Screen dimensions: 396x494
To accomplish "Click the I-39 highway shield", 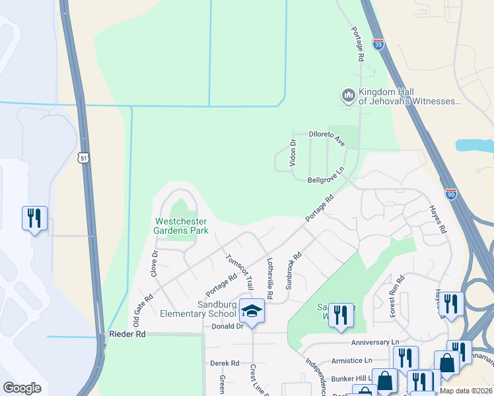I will [378, 44].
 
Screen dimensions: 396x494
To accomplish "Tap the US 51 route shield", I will [83, 158].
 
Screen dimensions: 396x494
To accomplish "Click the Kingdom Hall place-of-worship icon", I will [348, 96].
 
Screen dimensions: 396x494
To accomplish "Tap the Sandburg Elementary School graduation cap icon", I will [251, 310].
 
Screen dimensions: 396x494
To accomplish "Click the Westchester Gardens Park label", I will [181, 226].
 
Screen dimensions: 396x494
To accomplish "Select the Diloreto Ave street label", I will [328, 138].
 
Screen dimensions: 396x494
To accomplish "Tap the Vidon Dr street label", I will [293, 152].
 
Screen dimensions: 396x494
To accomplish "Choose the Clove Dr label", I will [155, 263].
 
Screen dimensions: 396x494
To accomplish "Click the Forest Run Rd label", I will [397, 296].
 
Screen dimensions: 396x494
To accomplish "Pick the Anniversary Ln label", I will [375, 342].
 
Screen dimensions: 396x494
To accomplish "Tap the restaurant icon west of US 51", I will [32, 218].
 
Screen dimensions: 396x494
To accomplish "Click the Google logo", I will [22, 388].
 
